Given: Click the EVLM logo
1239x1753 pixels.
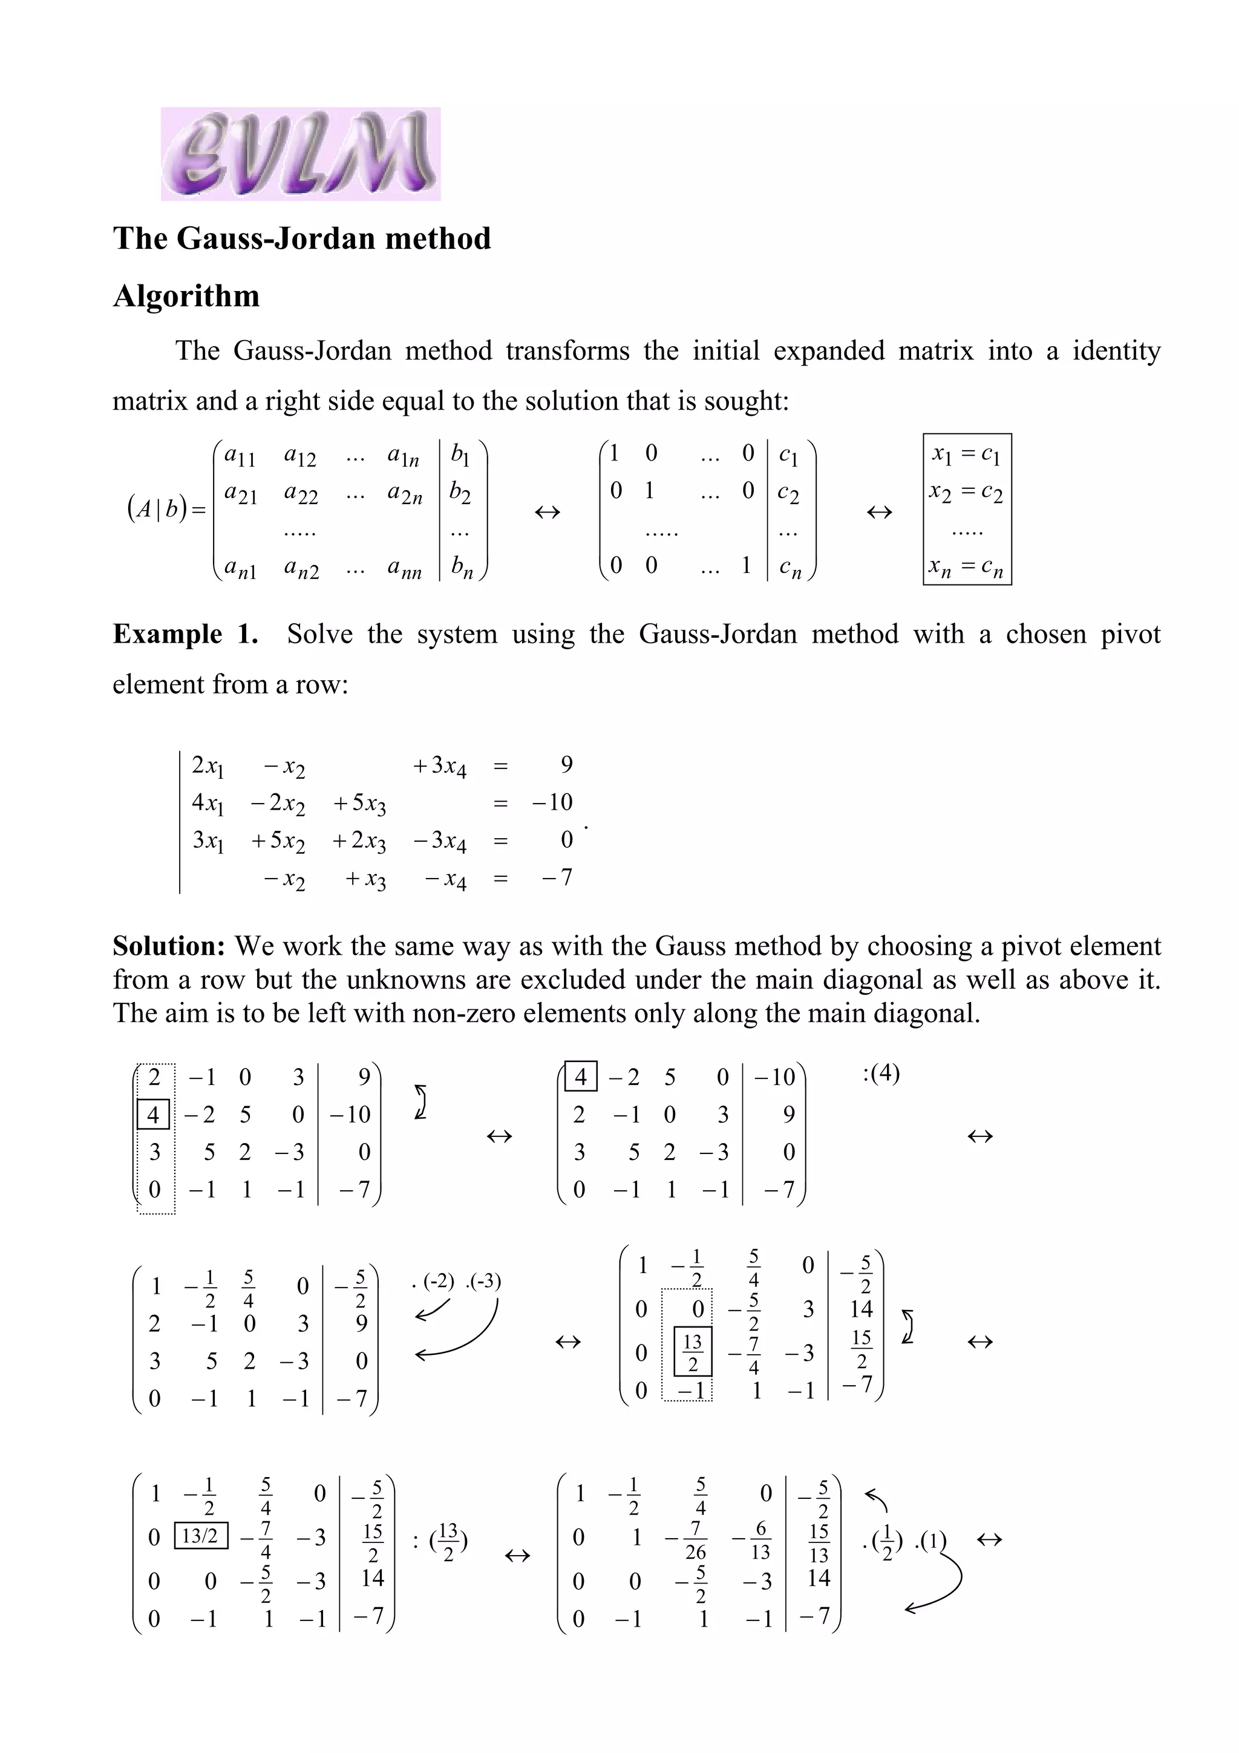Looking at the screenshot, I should [300, 154].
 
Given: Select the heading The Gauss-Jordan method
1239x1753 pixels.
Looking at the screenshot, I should [301, 238].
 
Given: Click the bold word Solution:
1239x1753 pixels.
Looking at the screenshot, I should [169, 946].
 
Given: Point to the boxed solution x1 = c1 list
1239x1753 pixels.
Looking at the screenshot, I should [967, 510].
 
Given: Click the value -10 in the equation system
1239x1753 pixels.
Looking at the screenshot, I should [552, 802].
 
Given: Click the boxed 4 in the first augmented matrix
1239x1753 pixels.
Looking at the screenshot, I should [152, 1115].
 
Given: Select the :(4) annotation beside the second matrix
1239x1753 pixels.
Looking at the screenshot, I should [881, 1073].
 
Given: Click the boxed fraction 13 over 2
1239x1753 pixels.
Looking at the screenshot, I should [693, 1352].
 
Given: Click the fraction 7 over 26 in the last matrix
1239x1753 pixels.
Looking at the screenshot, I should [695, 1540].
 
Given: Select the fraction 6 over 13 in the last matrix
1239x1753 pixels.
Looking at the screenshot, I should [760, 1540].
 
